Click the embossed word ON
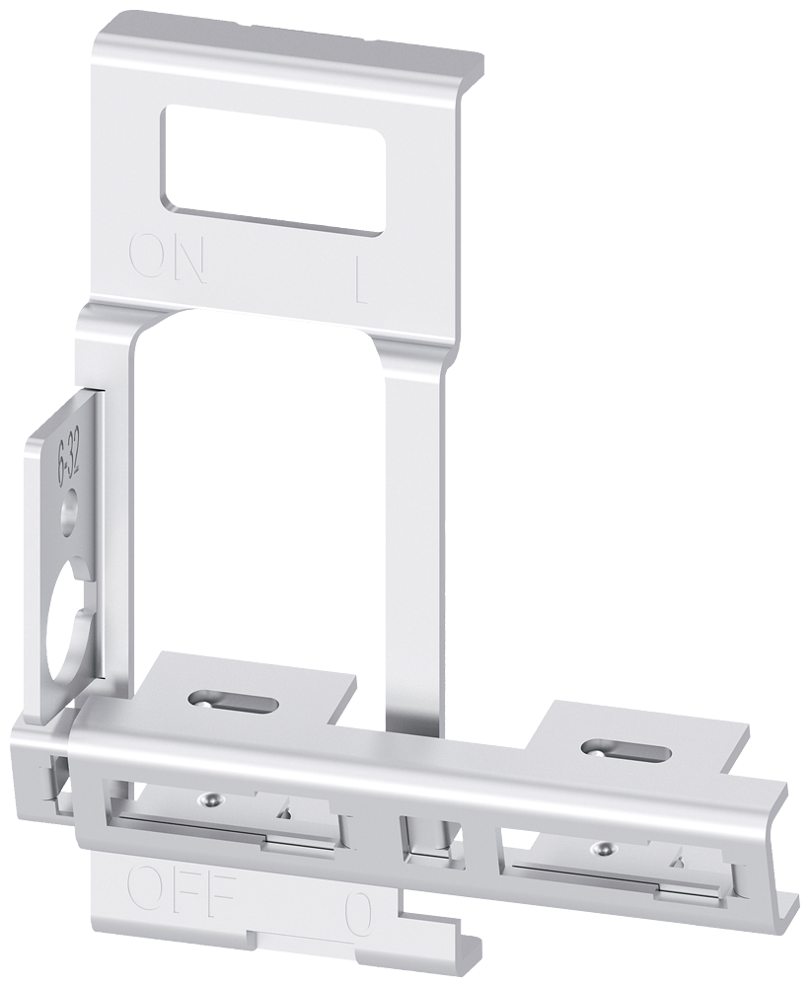pyautogui.click(x=168, y=259)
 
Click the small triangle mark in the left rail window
pyautogui.click(x=285, y=811)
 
